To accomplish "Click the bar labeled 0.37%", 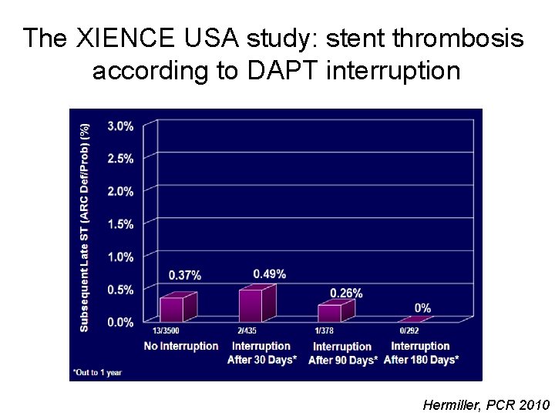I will point(172,309).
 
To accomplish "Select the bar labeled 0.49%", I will point(251,305).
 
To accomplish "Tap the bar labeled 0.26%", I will point(329,312).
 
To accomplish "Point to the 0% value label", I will point(422,308).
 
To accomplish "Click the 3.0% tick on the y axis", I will point(120,126).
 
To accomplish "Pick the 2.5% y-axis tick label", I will point(120,159).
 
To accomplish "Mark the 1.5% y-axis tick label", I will point(120,224).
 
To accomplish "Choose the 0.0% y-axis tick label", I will point(120,322).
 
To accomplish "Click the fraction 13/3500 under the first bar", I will point(166,331).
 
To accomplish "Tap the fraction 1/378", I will point(324,331).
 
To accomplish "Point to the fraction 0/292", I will point(409,331).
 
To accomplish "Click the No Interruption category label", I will point(181,346).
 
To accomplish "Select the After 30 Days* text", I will point(262,360).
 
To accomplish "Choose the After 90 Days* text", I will point(342,360).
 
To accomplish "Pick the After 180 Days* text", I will point(421,360).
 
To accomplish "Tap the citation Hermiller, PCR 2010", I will point(486,404).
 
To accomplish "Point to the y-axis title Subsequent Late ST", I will point(85,262).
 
